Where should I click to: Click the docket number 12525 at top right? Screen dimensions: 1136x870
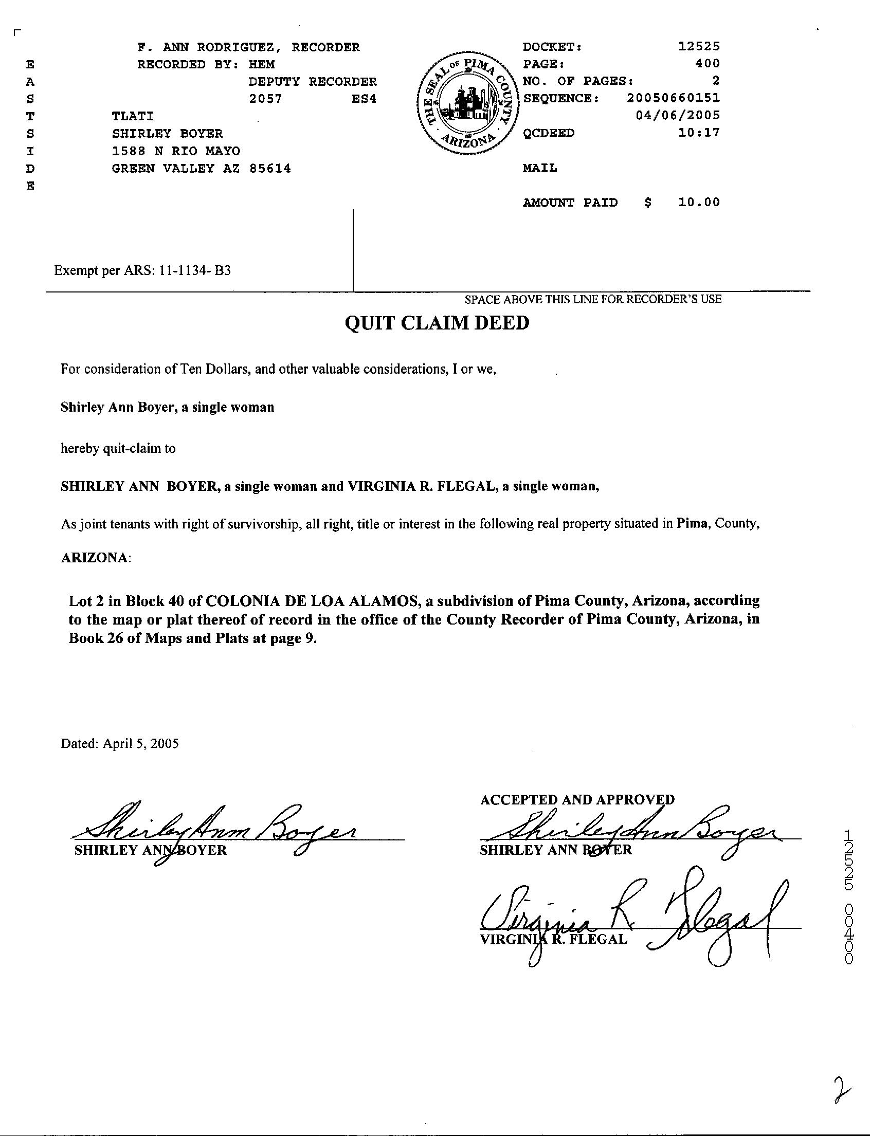pyautogui.click(x=699, y=47)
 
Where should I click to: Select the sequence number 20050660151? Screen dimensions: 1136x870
pyautogui.click(x=673, y=98)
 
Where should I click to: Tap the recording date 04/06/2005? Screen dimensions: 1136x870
pyautogui.click(x=677, y=115)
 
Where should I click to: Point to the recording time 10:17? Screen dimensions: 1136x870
pyautogui.click(x=699, y=133)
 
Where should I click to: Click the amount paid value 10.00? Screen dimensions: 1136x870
pyautogui.click(x=699, y=203)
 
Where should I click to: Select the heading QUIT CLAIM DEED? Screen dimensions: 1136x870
pyautogui.click(x=437, y=323)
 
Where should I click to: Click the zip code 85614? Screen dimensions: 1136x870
pyautogui.click(x=270, y=168)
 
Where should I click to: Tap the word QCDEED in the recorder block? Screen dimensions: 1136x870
pyautogui.click(x=549, y=133)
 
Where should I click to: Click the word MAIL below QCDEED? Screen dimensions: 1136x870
pyautogui.click(x=539, y=168)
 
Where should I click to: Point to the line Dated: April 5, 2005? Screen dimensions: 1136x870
pyautogui.click(x=120, y=743)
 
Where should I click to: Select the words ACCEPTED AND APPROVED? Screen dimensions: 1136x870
pyautogui.click(x=577, y=799)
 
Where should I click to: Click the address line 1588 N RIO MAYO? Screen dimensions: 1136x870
pyautogui.click(x=176, y=151)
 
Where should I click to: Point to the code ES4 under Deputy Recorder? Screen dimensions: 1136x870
pyautogui.click(x=364, y=98)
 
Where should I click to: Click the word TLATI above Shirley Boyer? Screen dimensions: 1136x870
pyautogui.click(x=133, y=116)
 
